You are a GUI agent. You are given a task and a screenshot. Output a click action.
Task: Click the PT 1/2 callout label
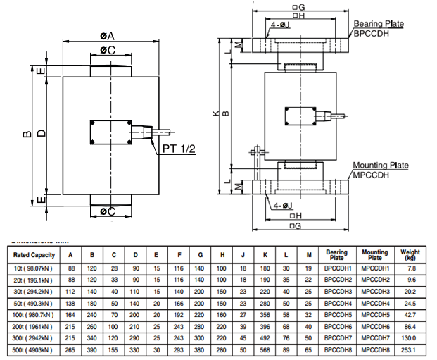(179, 149)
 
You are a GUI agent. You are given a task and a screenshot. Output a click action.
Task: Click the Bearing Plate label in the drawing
(379, 23)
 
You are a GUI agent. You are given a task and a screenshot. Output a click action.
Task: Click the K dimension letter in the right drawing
(215, 112)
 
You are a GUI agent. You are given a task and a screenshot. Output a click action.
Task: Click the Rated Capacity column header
(32, 254)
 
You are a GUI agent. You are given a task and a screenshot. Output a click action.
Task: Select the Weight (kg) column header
(410, 254)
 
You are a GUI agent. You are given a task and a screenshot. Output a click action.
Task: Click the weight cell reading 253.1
(410, 348)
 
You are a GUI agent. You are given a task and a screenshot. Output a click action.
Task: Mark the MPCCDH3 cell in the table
(374, 291)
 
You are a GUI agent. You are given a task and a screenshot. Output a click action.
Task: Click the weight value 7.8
(410, 268)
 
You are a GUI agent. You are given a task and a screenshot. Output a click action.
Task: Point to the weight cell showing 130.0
(410, 337)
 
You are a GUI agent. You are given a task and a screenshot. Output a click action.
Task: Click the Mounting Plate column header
(374, 254)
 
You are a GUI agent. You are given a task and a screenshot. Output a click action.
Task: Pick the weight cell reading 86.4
(410, 325)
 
